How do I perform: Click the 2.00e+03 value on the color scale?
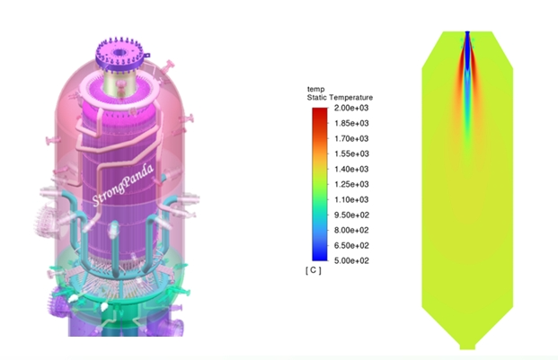(351, 108)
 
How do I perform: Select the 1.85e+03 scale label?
(351, 123)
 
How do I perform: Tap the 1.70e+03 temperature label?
(351, 138)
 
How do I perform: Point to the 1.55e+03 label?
(351, 154)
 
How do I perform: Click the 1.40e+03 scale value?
(351, 169)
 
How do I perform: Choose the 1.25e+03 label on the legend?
(351, 184)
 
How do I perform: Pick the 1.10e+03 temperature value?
(351, 199)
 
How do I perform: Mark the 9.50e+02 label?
(351, 215)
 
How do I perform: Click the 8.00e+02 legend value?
(351, 231)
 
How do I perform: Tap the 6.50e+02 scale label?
(351, 246)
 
